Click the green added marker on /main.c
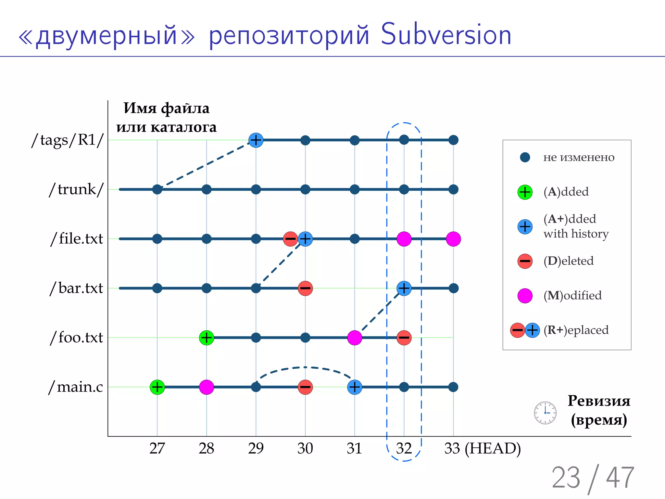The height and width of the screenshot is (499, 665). click(157, 387)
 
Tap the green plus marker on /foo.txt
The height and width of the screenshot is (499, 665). click(207, 338)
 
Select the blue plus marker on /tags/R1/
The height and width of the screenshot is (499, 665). click(256, 140)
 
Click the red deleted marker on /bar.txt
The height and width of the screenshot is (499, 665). click(305, 288)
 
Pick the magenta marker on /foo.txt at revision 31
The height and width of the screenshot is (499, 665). click(355, 338)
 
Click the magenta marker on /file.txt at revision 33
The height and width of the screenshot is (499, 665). click(453, 239)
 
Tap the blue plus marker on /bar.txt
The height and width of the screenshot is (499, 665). click(404, 288)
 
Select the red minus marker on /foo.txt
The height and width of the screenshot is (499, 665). click(404, 338)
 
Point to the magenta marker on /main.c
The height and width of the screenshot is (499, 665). click(207, 387)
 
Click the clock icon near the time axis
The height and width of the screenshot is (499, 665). click(545, 413)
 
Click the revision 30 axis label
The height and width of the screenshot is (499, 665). click(305, 449)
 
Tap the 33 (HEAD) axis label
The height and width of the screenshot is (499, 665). click(483, 449)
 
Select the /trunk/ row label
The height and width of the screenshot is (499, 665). click(76, 189)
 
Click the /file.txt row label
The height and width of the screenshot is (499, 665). click(77, 239)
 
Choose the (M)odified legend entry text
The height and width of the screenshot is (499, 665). click(572, 295)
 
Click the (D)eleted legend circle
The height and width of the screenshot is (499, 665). click(525, 261)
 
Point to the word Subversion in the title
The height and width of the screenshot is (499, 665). click(446, 35)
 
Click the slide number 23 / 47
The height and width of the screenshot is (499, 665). click(593, 478)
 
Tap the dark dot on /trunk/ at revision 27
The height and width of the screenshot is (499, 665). click(157, 189)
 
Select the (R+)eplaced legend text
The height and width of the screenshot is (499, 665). click(576, 330)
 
